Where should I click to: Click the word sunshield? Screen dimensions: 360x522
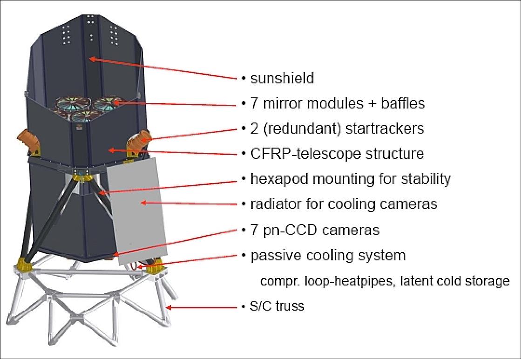[282, 78]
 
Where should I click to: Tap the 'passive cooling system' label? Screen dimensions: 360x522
[328, 255]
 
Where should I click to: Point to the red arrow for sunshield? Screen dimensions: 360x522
[163, 68]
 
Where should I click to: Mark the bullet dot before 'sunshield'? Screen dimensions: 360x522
[244, 78]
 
